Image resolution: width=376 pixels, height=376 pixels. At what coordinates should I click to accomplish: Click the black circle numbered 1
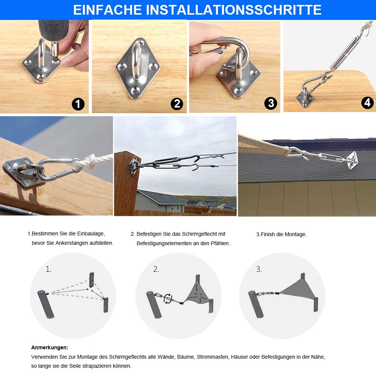pos(78,103)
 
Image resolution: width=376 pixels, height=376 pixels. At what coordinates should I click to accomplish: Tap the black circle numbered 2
pos(176,103)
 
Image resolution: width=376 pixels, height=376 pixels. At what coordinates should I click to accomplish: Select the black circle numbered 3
pos(270,103)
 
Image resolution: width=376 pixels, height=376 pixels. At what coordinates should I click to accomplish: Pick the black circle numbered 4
pos(367,102)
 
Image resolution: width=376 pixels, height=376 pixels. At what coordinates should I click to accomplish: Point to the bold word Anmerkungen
pos(50,347)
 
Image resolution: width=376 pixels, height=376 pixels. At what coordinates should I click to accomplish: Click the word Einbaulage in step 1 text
pos(87,234)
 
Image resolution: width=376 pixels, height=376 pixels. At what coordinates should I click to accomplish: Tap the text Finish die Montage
pos(282,234)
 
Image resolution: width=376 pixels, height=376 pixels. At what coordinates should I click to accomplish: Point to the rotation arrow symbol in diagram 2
pos(168,299)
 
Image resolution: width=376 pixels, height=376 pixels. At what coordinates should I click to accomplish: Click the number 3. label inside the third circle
pos(259,269)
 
